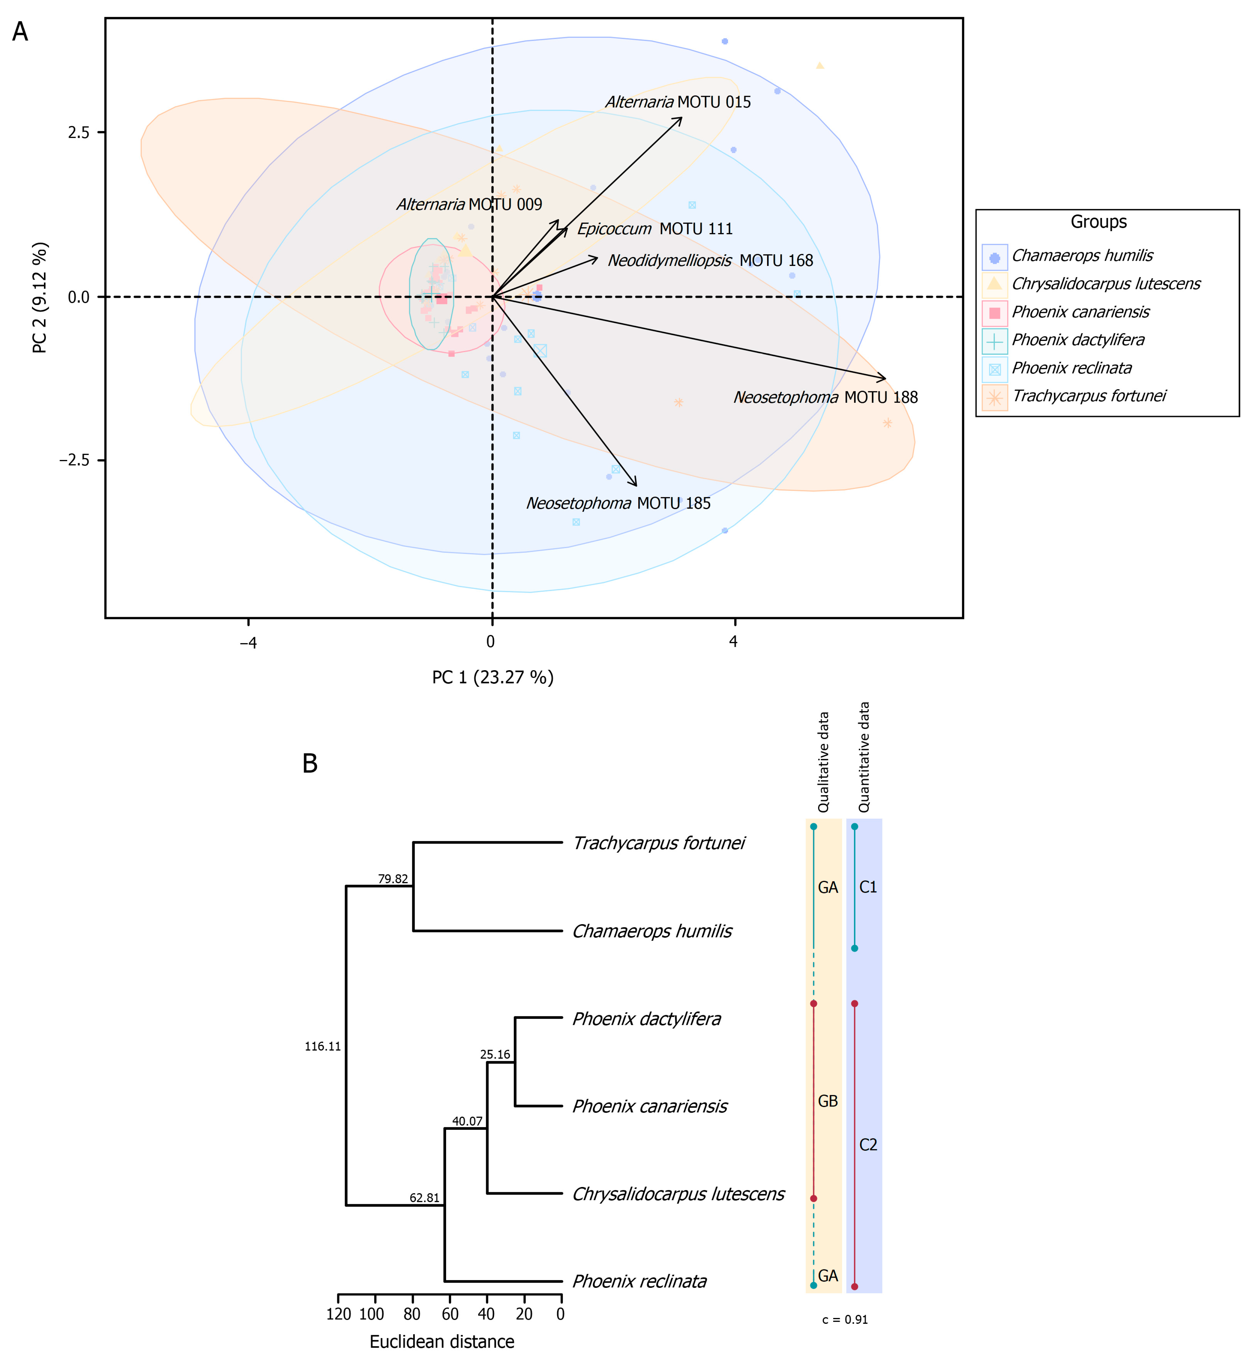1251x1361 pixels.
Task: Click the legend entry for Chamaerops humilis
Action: pyautogui.click(x=1082, y=256)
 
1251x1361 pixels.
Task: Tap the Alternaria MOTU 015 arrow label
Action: pyautogui.click(x=678, y=102)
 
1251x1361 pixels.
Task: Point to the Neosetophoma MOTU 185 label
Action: pyautogui.click(x=618, y=504)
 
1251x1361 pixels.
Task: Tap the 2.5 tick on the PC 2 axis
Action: pyautogui.click(x=78, y=132)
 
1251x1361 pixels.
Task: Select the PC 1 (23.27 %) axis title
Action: pyautogui.click(x=493, y=678)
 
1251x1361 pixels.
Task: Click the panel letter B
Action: pyautogui.click(x=310, y=763)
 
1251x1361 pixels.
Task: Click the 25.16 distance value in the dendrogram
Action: pyautogui.click(x=495, y=1054)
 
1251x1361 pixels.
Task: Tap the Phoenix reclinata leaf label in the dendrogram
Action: pyautogui.click(x=639, y=1281)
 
